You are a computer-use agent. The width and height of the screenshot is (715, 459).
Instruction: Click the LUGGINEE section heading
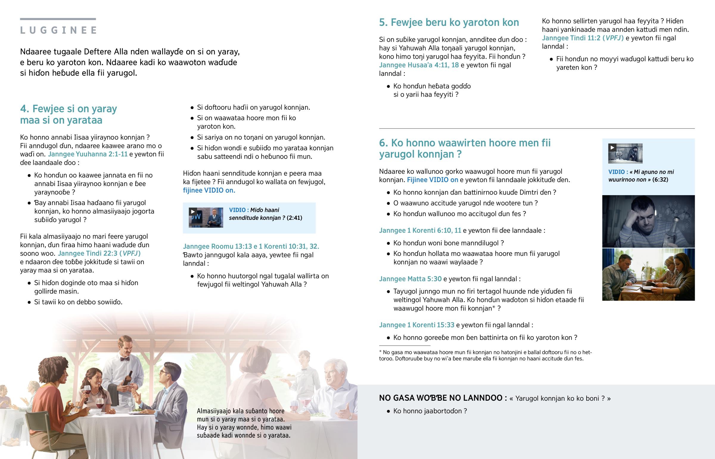click(x=58, y=30)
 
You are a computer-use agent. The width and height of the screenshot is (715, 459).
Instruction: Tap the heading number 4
click(x=24, y=109)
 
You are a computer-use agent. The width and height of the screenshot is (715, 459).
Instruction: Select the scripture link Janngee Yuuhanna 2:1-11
click(x=88, y=154)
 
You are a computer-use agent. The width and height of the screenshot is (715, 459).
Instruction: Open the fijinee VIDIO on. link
click(x=209, y=190)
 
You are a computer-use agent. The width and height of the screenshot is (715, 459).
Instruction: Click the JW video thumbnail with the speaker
click(x=206, y=217)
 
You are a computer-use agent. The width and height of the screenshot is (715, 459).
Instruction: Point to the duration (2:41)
click(x=294, y=218)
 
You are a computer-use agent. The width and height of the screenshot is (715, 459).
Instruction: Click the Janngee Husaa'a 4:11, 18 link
click(x=419, y=65)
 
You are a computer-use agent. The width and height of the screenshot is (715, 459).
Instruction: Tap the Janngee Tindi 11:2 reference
click(x=582, y=38)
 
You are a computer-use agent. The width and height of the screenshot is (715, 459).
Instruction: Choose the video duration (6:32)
click(x=660, y=180)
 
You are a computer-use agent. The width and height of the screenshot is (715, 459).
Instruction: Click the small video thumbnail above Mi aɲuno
click(x=625, y=153)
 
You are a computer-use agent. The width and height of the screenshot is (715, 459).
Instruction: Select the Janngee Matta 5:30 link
click(x=410, y=279)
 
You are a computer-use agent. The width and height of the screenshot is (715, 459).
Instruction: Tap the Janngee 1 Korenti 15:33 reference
click(x=416, y=325)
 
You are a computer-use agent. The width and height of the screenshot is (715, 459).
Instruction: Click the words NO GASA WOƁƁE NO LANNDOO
click(x=442, y=398)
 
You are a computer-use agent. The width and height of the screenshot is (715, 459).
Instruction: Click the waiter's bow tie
click(x=125, y=359)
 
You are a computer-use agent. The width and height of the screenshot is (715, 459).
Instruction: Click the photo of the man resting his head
click(x=648, y=221)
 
